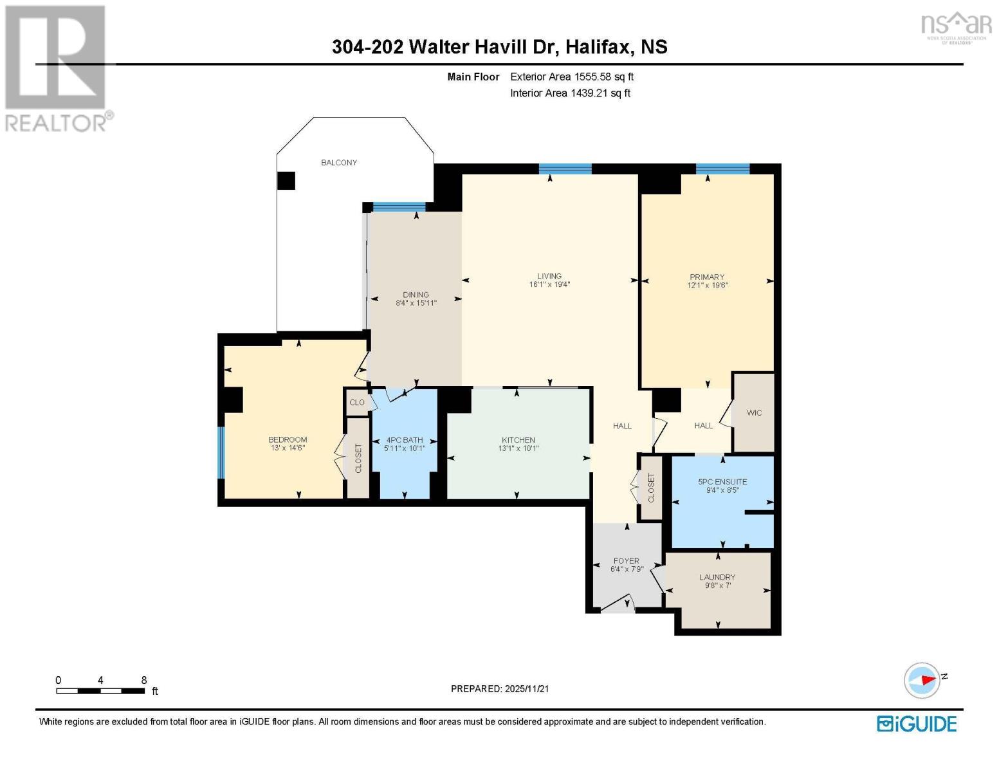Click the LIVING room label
coord(549,276)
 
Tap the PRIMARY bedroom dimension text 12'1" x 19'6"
coord(707,286)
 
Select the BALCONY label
coord(339,163)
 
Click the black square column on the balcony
coord(286,181)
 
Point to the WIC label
coord(754,413)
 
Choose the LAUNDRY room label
coord(717,577)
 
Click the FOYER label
coord(626,561)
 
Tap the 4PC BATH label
coord(405,440)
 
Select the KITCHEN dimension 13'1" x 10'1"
coord(518,448)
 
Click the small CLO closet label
coord(356,403)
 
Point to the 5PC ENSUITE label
coord(722,481)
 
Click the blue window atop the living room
coord(565,169)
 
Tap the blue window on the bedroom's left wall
coord(221,453)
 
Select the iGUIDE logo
coord(917,724)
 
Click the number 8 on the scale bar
coord(144,680)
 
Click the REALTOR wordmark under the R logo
coord(57,122)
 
